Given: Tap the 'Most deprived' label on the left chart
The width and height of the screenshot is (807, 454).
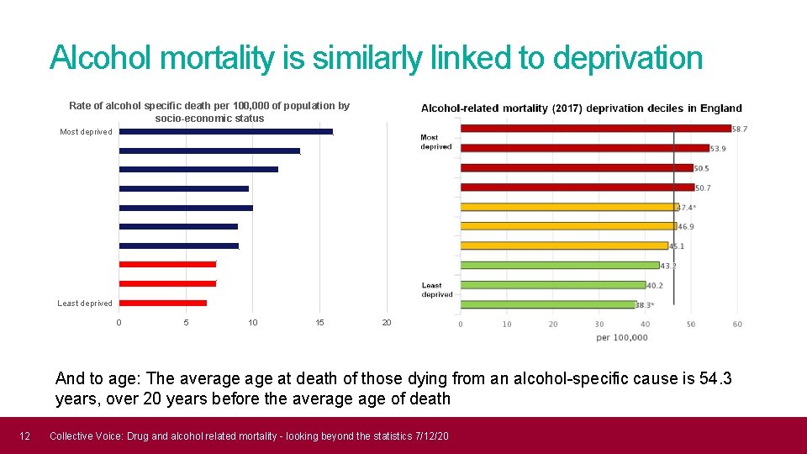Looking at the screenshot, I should (86, 132).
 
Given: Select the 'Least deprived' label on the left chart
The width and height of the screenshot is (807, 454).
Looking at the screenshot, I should (85, 304).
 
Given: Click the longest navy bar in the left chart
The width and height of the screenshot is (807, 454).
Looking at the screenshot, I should (226, 131).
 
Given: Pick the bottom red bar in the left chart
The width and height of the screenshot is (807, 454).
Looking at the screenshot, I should (163, 303).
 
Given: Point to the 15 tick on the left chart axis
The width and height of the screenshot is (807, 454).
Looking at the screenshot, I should (319, 323).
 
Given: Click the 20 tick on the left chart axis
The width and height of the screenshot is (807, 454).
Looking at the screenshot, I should (387, 323).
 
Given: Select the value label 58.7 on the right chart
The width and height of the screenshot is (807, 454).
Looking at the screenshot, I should (740, 129).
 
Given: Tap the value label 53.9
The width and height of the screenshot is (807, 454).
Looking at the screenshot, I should (718, 149).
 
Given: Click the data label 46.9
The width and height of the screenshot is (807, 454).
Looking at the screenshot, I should (685, 227).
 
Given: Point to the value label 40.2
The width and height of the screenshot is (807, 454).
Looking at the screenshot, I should (655, 286).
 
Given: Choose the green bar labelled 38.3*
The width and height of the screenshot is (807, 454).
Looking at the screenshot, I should (547, 304).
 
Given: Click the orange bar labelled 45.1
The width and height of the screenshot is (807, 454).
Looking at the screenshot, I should (564, 246).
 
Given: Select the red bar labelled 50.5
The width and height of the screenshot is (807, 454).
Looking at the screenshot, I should (577, 168).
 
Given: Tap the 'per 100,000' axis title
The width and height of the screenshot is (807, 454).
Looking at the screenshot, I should (622, 338).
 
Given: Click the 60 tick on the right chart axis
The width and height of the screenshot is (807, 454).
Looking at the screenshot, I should (737, 325).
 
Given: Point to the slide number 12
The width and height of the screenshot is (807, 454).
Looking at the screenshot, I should (25, 436).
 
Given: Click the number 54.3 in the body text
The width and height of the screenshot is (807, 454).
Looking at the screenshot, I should (715, 379).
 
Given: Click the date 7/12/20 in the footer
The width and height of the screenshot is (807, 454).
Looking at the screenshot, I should (432, 436).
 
